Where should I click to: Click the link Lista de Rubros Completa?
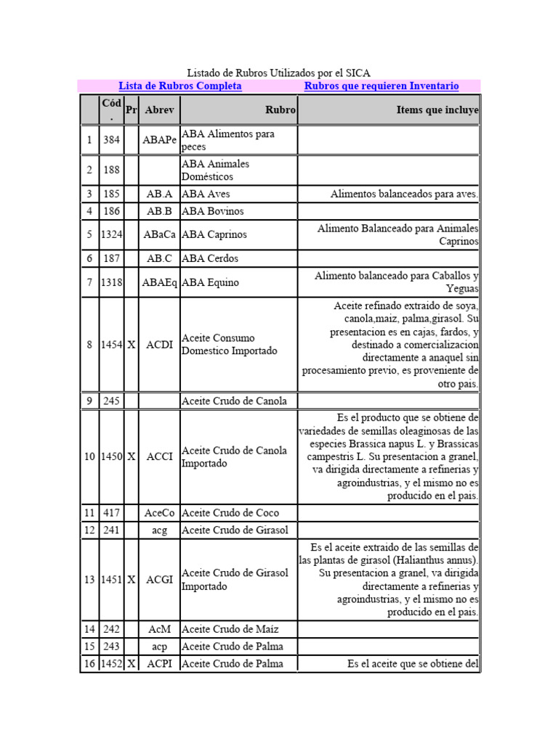pos(180,86)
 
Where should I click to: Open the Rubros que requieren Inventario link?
pos(381,86)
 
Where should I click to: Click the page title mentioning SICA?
pos(279,73)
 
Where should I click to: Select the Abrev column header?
pos(159,110)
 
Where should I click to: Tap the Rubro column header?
pos(280,110)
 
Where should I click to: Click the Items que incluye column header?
pos(437,110)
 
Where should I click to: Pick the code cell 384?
pos(111,140)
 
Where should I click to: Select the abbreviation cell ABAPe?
pos(160,140)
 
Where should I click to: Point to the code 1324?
pos(112,235)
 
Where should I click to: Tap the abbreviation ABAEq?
pos(160,282)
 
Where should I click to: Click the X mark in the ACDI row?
pos(132,345)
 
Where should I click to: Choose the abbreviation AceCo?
pos(160,513)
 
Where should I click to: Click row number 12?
pos(89,530)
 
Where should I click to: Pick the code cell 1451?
pos(112,580)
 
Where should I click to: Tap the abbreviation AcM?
pos(159,629)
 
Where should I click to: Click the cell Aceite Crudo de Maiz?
pos(230,629)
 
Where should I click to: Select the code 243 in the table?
pos(111,646)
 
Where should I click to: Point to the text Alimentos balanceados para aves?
pos(404,194)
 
